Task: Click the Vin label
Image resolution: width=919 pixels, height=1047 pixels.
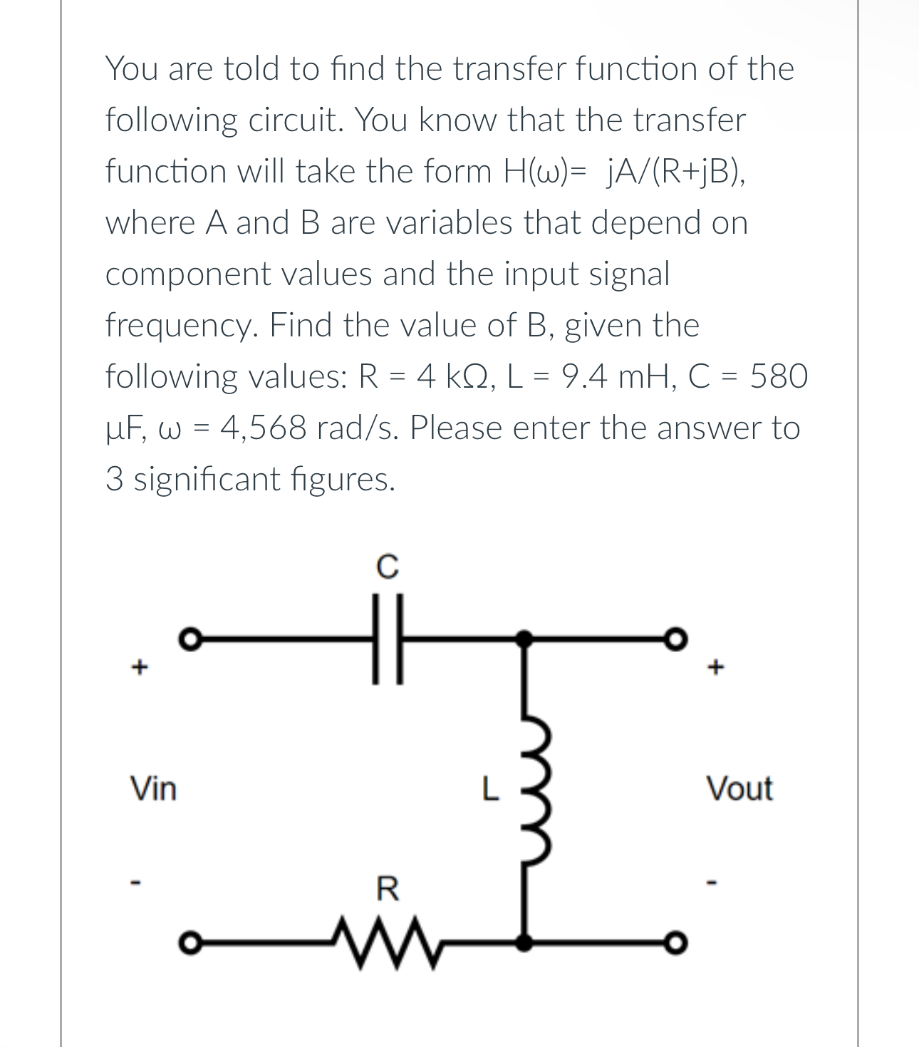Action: click(x=152, y=789)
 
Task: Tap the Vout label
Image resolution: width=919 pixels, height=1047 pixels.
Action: click(x=739, y=789)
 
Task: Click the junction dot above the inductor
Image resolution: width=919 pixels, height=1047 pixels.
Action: click(x=524, y=636)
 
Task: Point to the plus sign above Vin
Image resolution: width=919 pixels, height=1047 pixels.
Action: click(x=140, y=668)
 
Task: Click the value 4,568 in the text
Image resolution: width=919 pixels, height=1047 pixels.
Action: click(x=263, y=428)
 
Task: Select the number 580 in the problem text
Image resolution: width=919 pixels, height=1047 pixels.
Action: click(x=779, y=376)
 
